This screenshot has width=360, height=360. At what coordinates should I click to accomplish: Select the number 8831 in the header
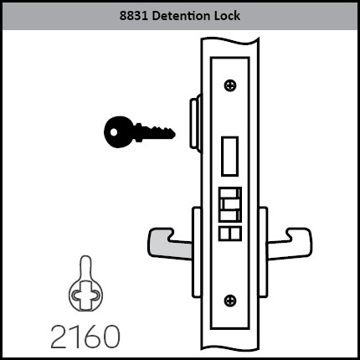click(x=134, y=16)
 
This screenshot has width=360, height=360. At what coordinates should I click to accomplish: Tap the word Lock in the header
click(x=227, y=16)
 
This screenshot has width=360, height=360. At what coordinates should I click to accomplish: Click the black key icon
click(x=139, y=131)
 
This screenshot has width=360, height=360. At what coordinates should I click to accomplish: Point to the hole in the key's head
click(x=113, y=131)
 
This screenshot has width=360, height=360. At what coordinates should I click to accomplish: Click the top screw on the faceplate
click(x=230, y=85)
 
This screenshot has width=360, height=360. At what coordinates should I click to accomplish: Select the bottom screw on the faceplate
click(x=230, y=301)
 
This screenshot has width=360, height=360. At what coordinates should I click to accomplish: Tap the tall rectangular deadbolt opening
click(x=230, y=157)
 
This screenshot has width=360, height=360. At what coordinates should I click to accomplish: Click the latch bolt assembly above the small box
click(x=230, y=204)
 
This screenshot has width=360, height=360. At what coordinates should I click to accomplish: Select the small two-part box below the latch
click(x=230, y=234)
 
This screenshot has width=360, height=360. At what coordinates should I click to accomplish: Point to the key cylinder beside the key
click(x=195, y=123)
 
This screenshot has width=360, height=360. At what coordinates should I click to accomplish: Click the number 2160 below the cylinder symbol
click(x=85, y=337)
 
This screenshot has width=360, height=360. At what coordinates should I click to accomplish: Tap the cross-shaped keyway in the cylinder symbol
click(x=85, y=295)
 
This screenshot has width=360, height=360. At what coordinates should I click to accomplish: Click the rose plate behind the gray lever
click(x=197, y=252)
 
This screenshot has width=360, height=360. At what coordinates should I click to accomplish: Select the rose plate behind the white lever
click(x=263, y=252)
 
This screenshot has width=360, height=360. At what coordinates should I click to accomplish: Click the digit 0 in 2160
click(x=111, y=337)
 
